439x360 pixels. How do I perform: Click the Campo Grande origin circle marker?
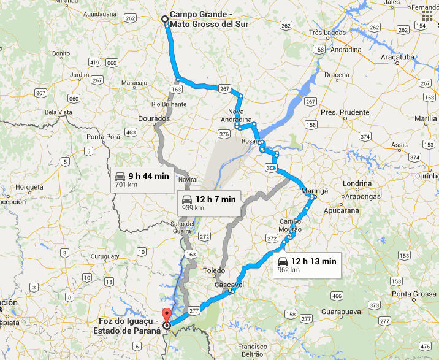pos(165,19)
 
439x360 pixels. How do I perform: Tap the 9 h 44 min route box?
pos(142,179)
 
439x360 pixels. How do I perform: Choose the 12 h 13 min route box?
pos(306,264)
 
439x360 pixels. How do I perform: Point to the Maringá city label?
pos(315,191)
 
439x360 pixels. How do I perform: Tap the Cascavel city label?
pos(230,285)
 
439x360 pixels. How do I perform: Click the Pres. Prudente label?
pos(345,112)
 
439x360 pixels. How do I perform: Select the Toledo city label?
pos(215,270)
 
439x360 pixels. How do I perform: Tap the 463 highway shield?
pos(130,132)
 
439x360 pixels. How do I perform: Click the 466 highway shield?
pos(336,296)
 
